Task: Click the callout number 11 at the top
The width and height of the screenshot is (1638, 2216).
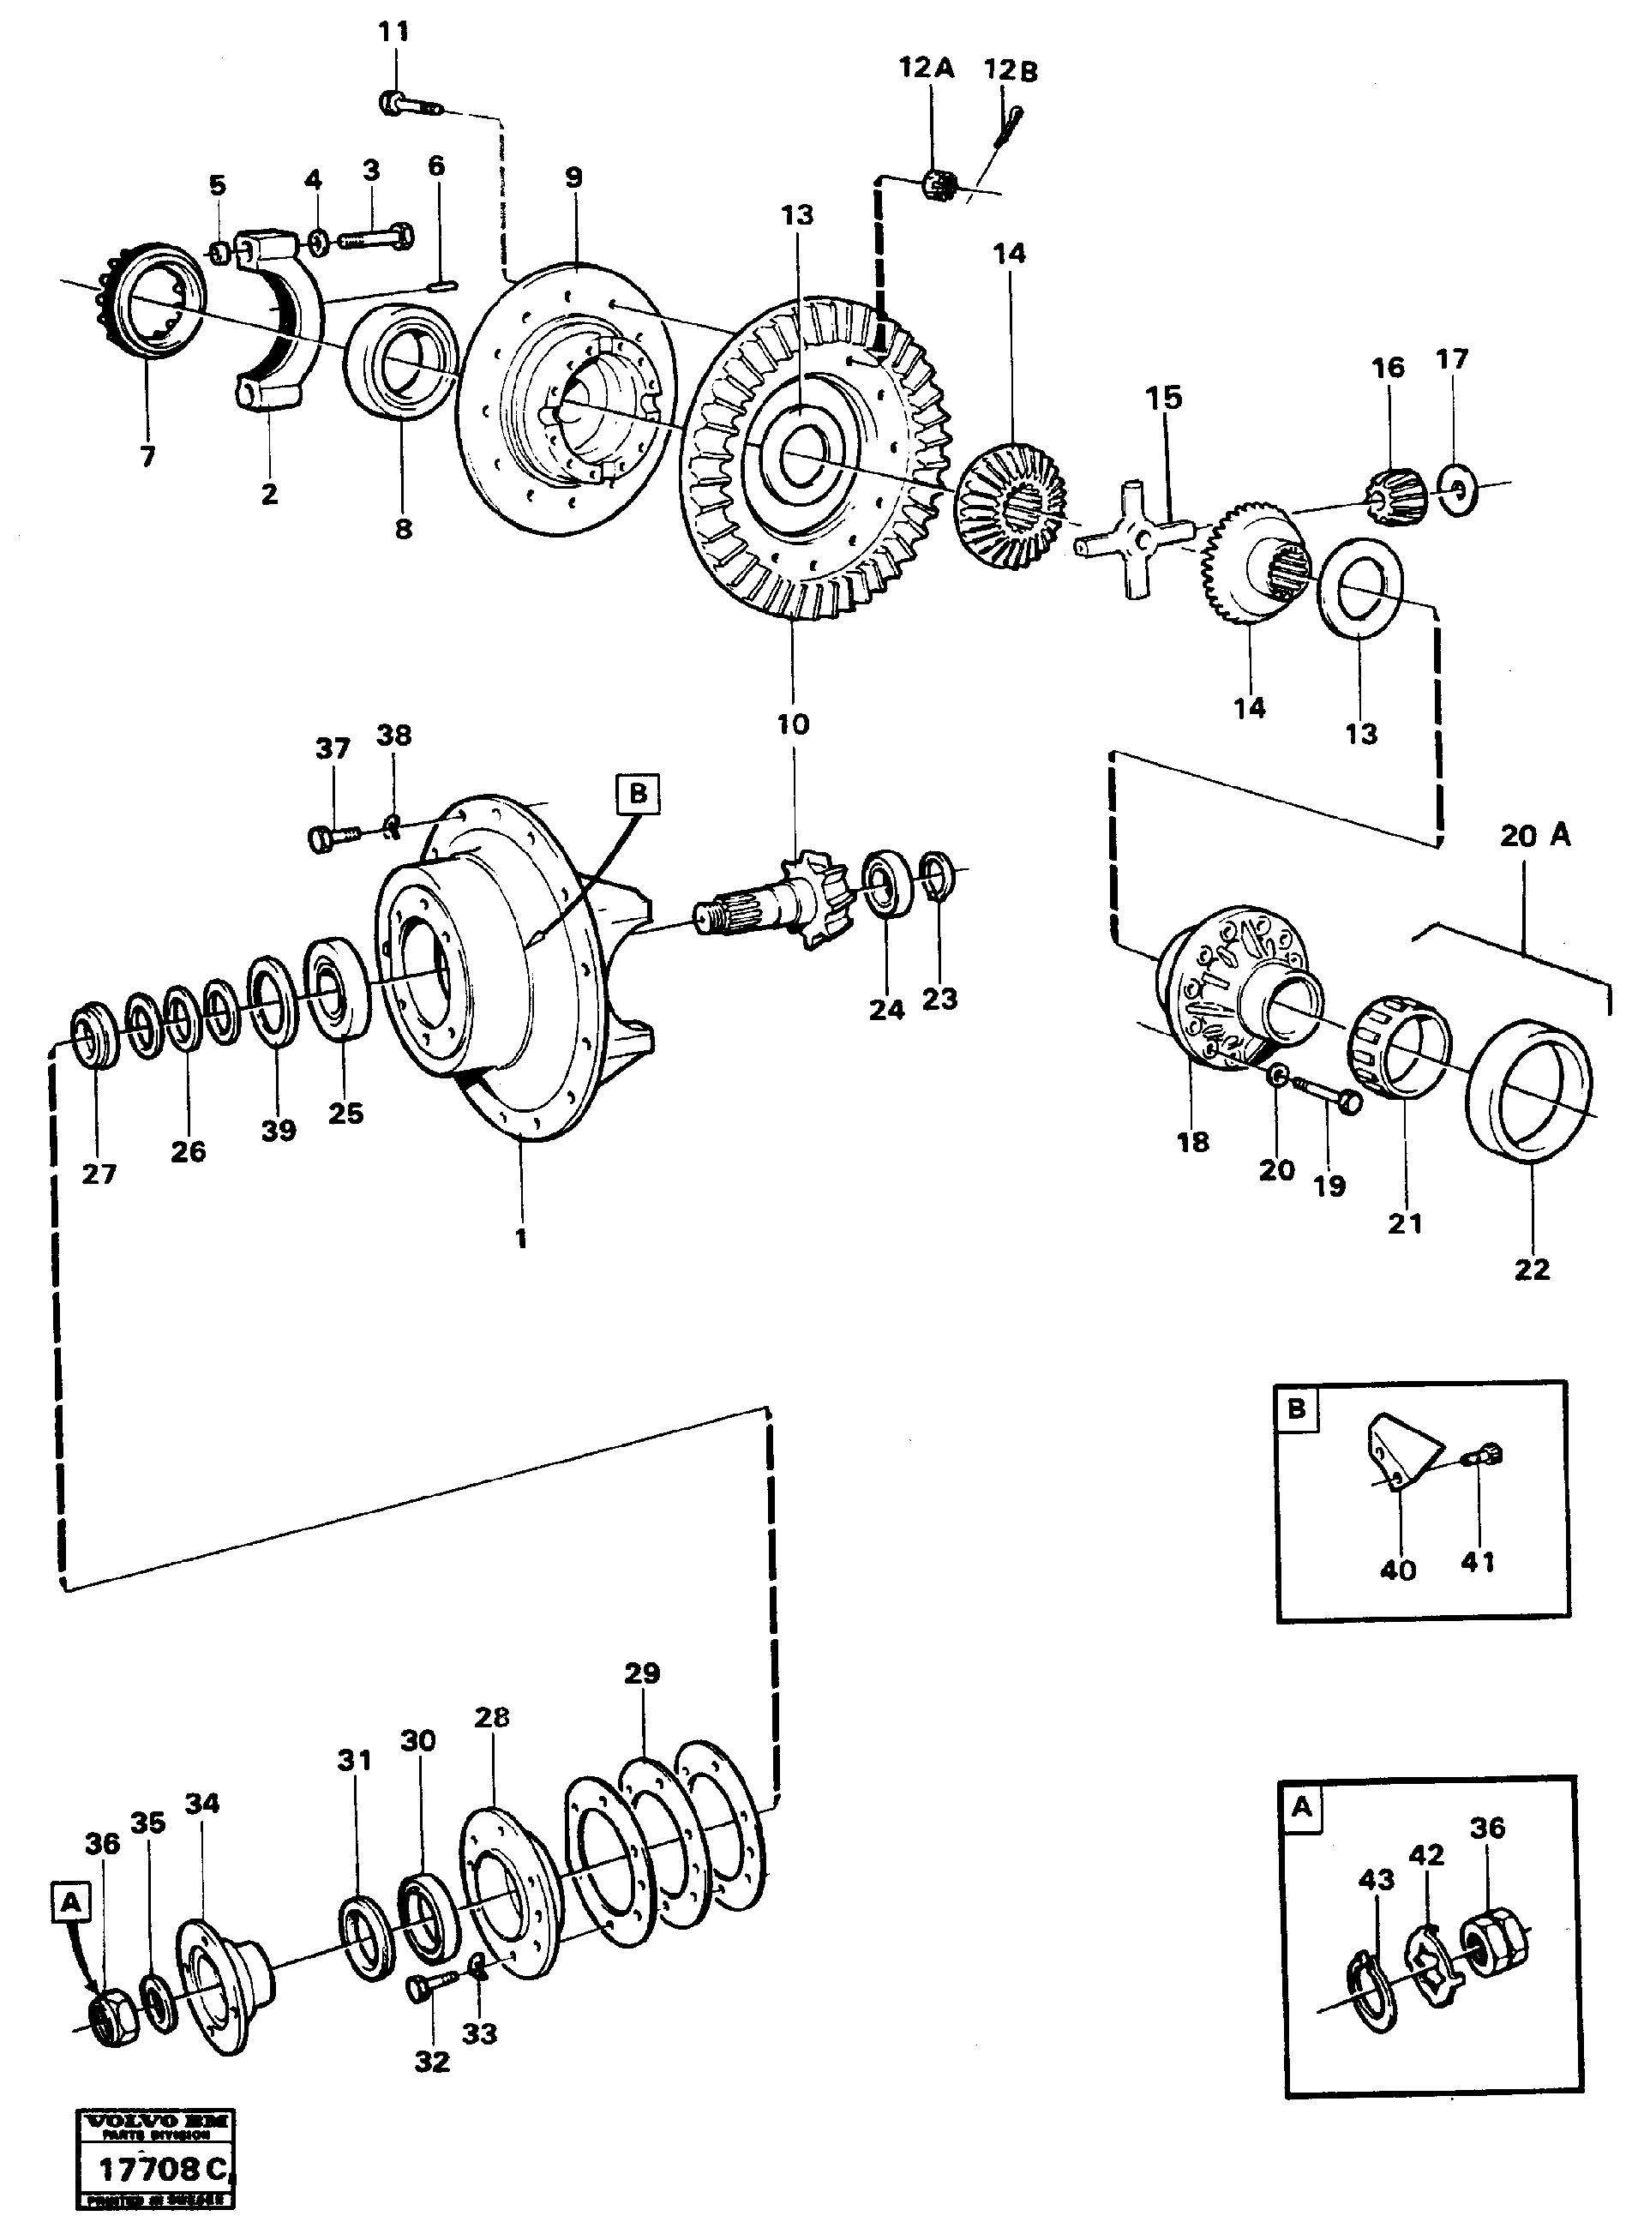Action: (393, 32)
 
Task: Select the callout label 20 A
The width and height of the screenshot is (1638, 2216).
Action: (1535, 836)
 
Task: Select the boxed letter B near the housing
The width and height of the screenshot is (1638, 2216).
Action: (638, 794)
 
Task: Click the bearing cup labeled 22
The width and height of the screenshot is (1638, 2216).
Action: (1528, 1090)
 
